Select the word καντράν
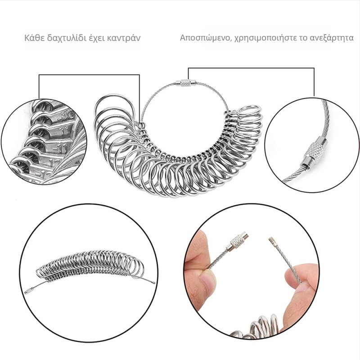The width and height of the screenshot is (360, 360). [124, 38]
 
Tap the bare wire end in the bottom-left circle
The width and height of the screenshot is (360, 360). [153, 283]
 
